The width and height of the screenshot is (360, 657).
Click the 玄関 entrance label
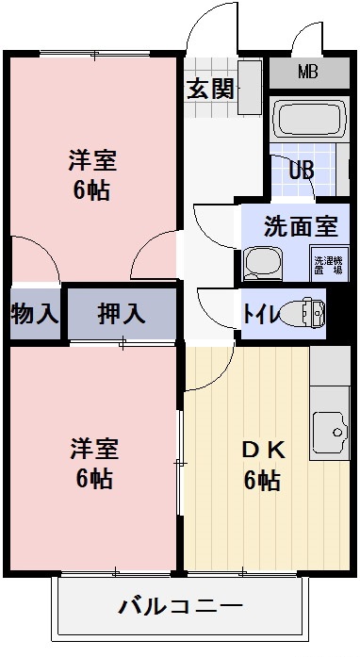[209, 90]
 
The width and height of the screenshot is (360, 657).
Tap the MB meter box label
[308, 72]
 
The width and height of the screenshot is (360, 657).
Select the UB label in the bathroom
[301, 171]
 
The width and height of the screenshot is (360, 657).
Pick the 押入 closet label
[122, 314]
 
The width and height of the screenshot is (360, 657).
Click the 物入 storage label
[33, 314]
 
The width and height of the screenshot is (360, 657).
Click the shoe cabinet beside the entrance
[250, 89]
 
